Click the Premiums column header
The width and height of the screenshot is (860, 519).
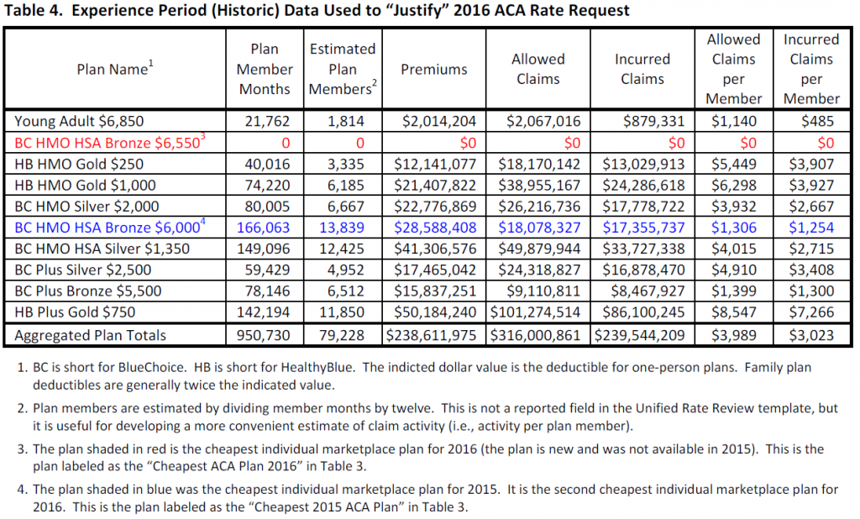434,69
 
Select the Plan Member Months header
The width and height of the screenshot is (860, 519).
265,69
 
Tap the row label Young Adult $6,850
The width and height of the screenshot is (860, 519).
79,121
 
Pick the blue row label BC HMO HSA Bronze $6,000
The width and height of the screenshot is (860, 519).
110,227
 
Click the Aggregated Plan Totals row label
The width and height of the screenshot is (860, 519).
90,335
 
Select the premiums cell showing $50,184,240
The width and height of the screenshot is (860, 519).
435,312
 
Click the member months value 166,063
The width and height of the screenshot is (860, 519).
263,227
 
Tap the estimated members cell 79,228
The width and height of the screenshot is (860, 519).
342,335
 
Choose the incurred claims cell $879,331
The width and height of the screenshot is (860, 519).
653,121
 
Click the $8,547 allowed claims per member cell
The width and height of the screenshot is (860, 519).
734,312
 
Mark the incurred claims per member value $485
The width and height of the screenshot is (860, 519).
817,121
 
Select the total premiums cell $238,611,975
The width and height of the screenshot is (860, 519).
431,335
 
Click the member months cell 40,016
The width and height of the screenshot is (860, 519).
267,164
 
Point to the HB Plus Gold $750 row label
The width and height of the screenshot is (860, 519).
75,312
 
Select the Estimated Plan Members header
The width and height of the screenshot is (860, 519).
343,69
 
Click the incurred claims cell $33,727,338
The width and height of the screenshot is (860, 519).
643,249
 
